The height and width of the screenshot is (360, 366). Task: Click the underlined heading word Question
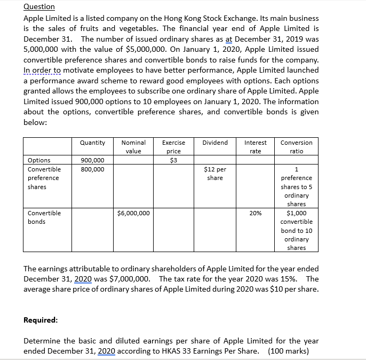coord(39,6)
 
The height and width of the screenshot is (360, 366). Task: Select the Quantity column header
coord(92,143)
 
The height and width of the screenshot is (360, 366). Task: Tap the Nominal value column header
coord(133,147)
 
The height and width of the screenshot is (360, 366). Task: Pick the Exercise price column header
coord(173,147)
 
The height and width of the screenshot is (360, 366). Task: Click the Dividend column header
coord(215,143)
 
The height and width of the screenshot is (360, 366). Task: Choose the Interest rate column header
coord(255,147)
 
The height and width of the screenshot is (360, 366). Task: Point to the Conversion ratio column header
coord(296,147)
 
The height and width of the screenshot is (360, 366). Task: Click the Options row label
coord(39,160)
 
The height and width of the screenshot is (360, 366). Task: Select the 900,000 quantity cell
coord(92,160)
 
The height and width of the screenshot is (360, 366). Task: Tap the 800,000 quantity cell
coord(92,169)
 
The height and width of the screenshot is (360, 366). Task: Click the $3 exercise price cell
coord(173,160)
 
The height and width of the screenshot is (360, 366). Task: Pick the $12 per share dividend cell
coord(215,174)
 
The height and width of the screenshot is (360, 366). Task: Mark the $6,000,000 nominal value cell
coord(133,213)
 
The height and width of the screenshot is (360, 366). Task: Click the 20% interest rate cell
coord(255,213)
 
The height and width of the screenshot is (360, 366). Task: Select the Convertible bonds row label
coord(44,217)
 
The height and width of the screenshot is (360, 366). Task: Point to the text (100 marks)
coord(288,351)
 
